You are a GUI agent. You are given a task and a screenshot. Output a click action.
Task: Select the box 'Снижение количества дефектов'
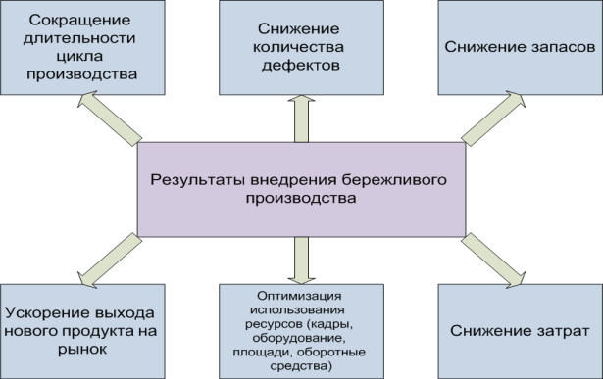[x=301, y=47]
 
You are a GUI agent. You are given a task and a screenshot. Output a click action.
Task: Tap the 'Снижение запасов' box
[x=519, y=47]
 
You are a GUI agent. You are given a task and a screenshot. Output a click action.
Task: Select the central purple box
[x=300, y=188]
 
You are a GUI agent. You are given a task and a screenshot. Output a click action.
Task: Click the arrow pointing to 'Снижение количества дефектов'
[x=301, y=118]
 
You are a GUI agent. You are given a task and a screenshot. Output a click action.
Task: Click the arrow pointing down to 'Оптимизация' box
[x=301, y=259]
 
